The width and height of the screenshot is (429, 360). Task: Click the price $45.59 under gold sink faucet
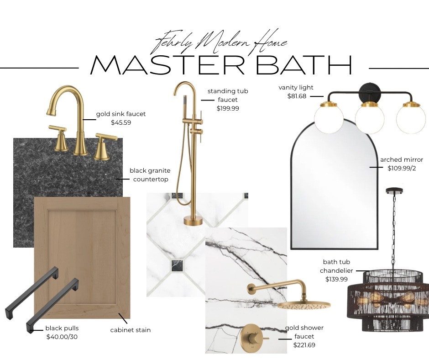[x=121, y=122]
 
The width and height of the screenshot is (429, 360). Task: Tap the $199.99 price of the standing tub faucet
[x=228, y=108]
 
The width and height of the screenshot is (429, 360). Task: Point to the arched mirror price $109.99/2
[x=402, y=168]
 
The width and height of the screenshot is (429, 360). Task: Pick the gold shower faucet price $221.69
[x=304, y=345]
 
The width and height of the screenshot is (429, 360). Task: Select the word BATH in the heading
[x=304, y=66]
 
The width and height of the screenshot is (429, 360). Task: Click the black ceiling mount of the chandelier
[x=393, y=190]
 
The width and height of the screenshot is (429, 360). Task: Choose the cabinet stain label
[x=131, y=330]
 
